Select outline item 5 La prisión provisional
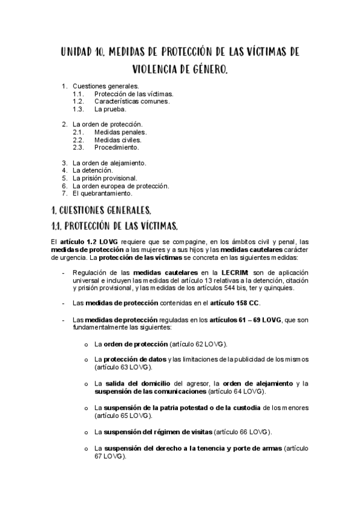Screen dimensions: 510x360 point(105,178)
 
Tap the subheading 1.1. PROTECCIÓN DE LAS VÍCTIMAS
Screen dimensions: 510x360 point(114,226)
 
